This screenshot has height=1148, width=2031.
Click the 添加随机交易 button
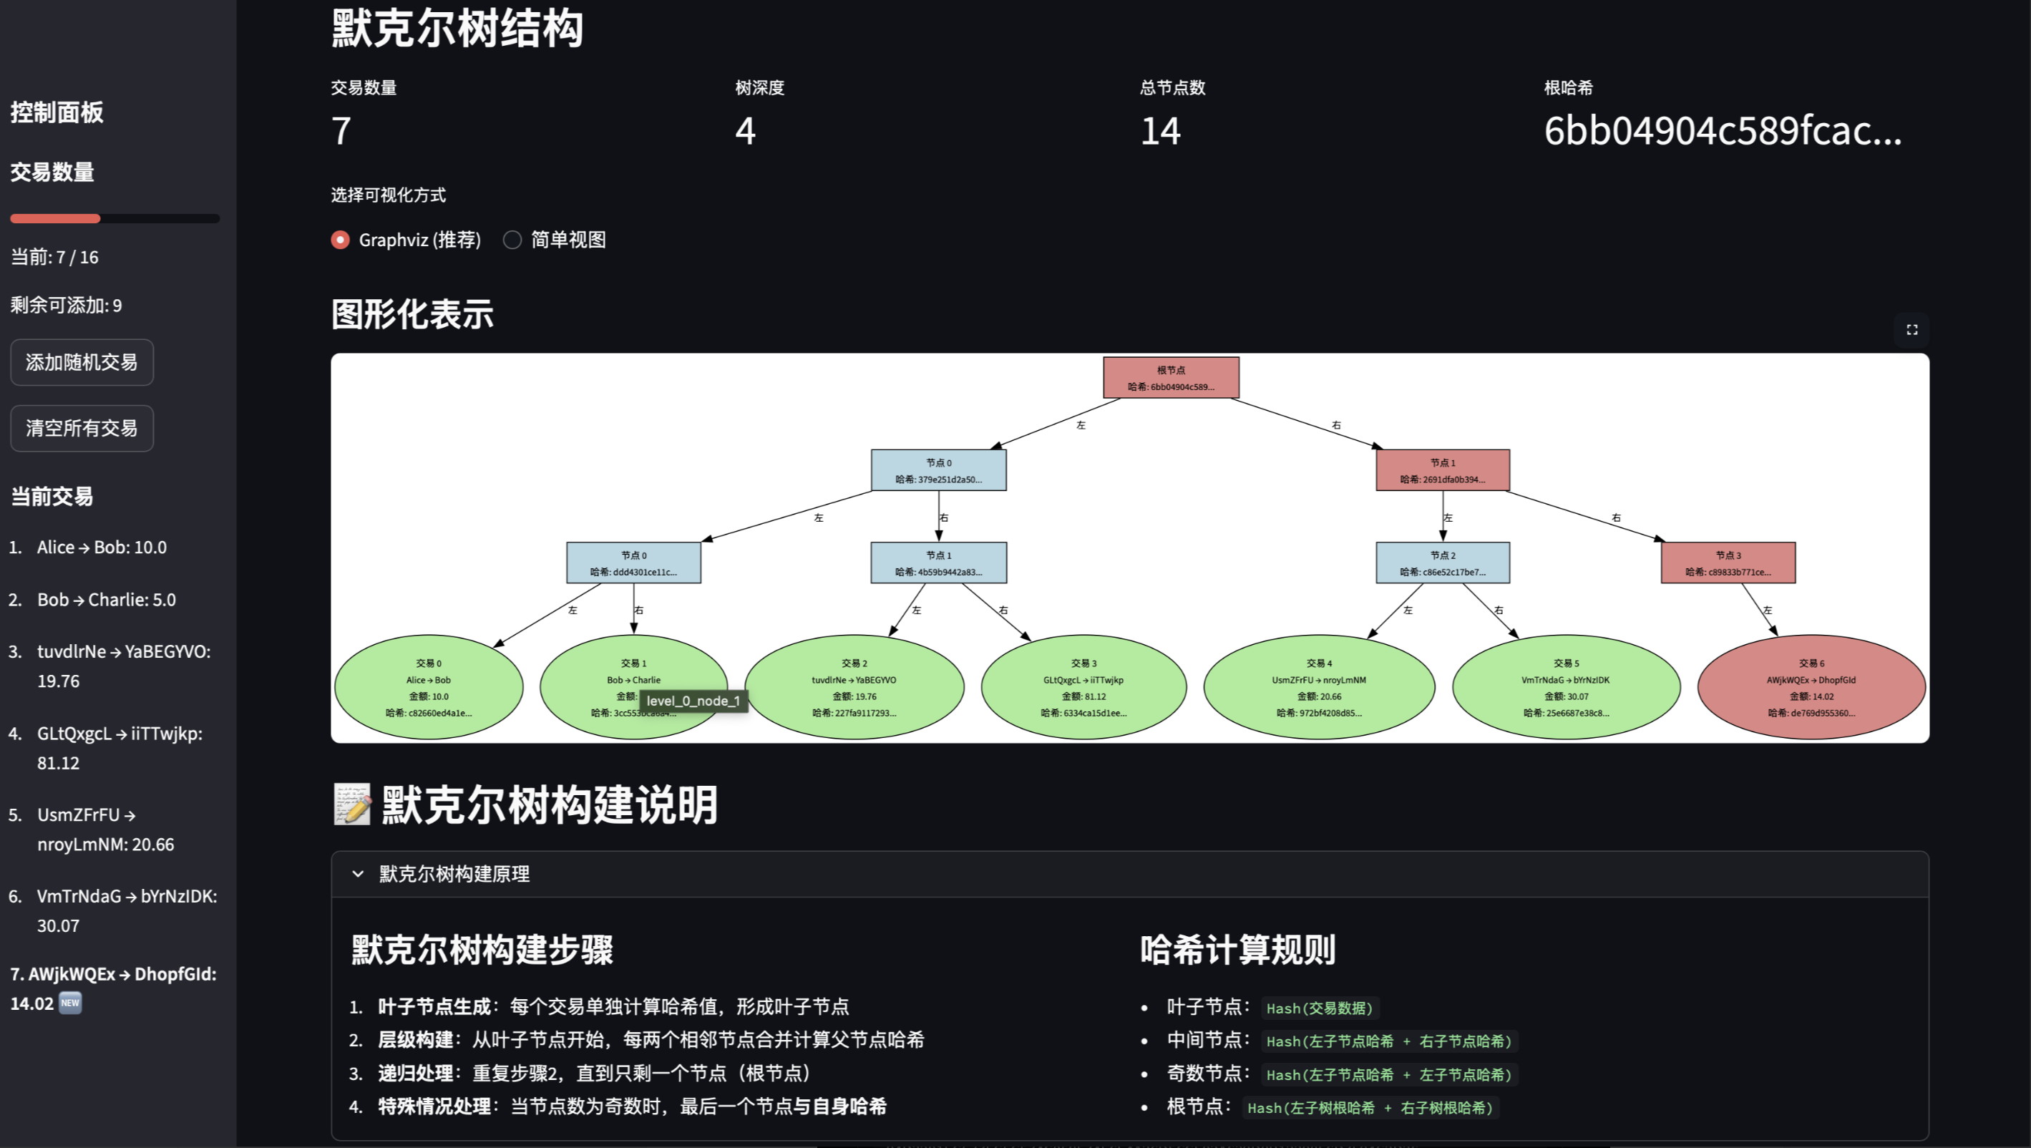click(81, 362)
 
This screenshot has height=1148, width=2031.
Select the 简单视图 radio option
click(512, 240)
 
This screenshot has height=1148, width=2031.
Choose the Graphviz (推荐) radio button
click(341, 240)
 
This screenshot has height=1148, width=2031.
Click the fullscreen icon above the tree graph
click(1911, 329)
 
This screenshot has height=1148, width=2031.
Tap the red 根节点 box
click(1171, 378)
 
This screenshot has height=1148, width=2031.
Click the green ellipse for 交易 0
click(428, 687)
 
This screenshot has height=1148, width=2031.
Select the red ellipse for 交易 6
click(1811, 687)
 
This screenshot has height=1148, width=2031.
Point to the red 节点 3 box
click(1728, 563)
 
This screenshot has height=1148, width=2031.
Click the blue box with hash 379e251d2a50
click(938, 470)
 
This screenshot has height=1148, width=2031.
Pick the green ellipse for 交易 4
click(1318, 687)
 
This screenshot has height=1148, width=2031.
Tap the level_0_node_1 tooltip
click(693, 701)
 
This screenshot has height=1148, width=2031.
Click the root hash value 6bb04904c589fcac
click(1722, 131)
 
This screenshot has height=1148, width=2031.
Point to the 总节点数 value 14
click(1161, 131)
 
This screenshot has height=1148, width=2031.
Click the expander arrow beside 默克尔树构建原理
click(358, 874)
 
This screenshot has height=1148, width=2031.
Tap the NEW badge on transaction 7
click(70, 1003)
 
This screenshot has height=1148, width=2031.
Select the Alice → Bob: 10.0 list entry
click(102, 548)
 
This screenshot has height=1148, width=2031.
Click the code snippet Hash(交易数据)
click(1319, 1008)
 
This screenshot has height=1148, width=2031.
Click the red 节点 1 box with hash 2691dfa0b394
click(1442, 470)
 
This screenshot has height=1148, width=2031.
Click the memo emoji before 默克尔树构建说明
click(351, 804)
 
